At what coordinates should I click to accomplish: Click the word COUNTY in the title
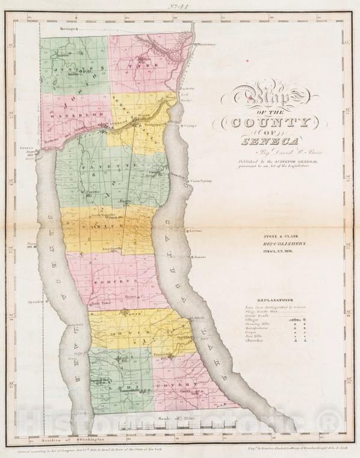point(265,123)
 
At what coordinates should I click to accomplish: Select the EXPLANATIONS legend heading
point(275,299)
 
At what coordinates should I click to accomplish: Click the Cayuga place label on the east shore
point(190,127)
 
